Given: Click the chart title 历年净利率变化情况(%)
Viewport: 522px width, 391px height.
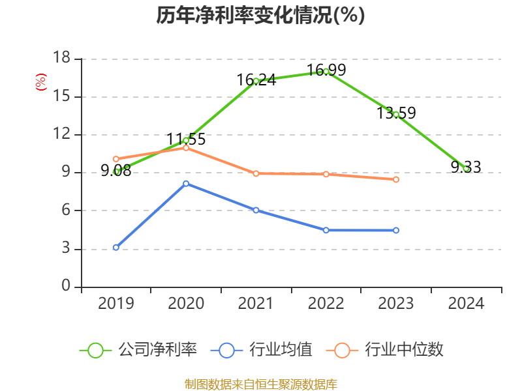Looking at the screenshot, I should tap(260, 16).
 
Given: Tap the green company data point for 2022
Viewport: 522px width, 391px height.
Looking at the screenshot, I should tap(326, 72).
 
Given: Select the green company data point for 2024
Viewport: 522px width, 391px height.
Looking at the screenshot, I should tap(466, 169).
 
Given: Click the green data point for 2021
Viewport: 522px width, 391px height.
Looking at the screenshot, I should tap(256, 81).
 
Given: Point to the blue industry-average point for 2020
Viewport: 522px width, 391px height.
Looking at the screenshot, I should tap(186, 183).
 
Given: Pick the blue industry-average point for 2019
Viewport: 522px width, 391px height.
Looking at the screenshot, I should tap(116, 248).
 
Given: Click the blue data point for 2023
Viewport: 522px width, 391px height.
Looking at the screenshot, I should tap(396, 230).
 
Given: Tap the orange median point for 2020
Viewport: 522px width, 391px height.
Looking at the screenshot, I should tap(186, 148).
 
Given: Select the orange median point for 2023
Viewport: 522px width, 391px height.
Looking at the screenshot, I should tap(396, 179).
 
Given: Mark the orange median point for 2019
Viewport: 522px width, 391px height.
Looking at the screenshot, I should tap(116, 159).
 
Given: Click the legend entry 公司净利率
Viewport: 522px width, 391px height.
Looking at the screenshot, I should tap(138, 350).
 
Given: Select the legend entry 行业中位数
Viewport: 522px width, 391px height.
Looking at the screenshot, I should tap(389, 350).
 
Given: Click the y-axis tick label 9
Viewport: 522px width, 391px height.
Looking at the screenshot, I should tap(66, 173).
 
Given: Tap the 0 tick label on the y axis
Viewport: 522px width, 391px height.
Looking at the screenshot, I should tap(66, 286).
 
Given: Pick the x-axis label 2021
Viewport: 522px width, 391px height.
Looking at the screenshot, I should tap(256, 304).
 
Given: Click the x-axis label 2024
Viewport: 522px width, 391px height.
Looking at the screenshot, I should tap(466, 304).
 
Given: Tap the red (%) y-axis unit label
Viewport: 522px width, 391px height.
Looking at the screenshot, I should tap(41, 83).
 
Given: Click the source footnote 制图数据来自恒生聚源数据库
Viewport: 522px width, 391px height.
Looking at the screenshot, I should tap(260, 384).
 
